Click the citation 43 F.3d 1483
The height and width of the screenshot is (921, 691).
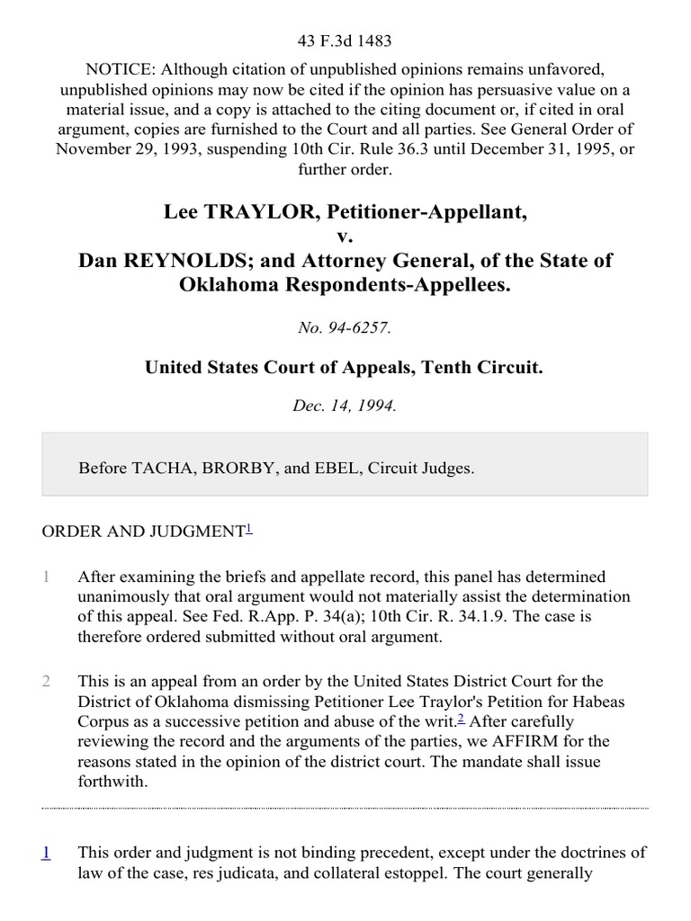[x=345, y=41]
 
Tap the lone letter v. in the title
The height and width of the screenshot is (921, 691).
[x=345, y=237]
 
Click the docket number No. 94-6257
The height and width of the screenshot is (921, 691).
[x=345, y=328]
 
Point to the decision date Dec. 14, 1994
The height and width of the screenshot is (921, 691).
[x=345, y=406]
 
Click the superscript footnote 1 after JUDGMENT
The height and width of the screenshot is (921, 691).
[x=249, y=529]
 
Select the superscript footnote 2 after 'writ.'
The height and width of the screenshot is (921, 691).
[x=461, y=717]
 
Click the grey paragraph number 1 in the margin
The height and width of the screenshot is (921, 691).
[x=46, y=577]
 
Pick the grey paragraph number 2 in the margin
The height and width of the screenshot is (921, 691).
[x=46, y=681]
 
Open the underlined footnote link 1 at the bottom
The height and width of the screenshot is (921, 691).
[x=46, y=852]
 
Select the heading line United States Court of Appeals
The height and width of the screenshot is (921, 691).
[x=345, y=367]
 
